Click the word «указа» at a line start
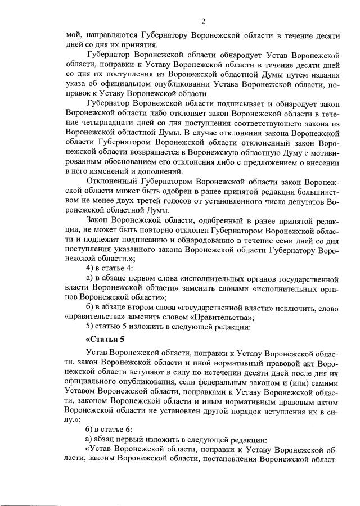[x=76, y=84]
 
